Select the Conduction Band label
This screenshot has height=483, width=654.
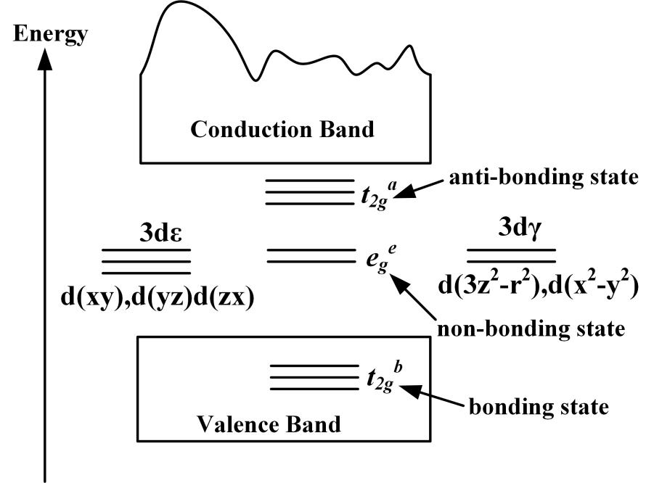coord(282,130)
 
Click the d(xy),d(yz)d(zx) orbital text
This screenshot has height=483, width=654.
coord(156,299)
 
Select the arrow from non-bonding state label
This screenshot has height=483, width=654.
coord(413,297)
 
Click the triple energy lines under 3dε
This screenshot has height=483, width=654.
coord(146,261)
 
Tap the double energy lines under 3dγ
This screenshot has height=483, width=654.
coord(511,254)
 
